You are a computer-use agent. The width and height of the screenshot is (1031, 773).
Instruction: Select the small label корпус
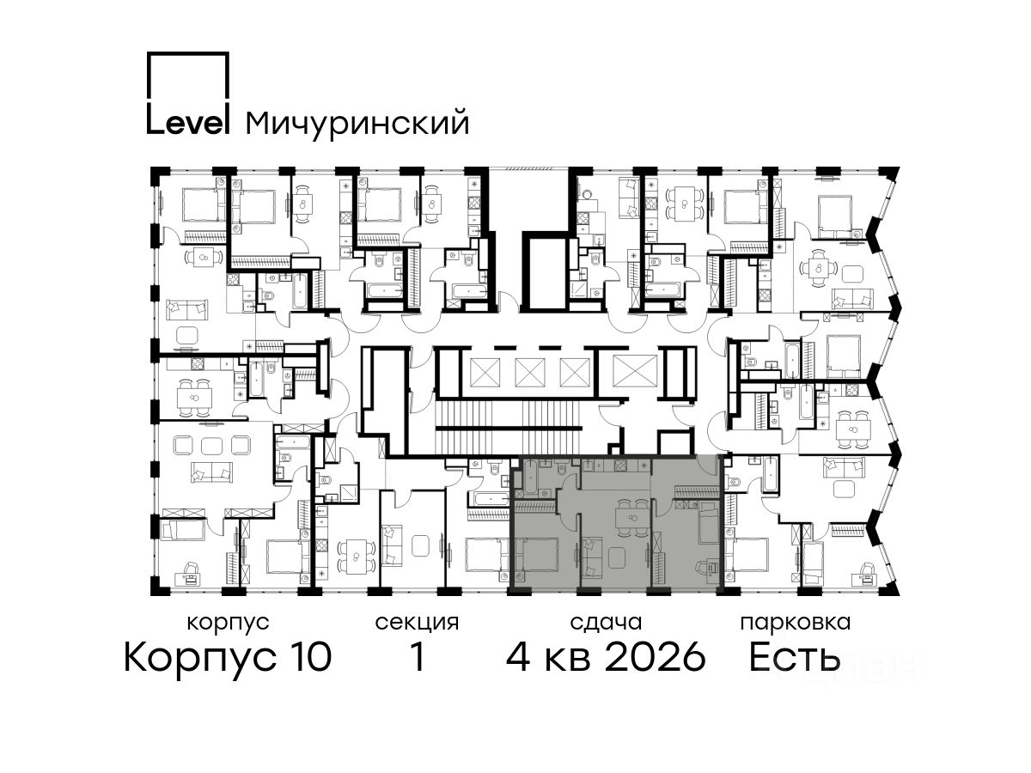[x=229, y=624]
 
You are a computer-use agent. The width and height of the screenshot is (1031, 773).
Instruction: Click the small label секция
[x=417, y=624]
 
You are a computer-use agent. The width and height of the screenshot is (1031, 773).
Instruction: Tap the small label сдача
[x=607, y=624]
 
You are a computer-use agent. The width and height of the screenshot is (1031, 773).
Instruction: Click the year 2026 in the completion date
[x=656, y=657]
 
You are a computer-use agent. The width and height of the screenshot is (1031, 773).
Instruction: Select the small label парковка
[x=796, y=624]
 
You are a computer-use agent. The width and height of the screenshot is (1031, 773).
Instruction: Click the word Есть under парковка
[x=794, y=657]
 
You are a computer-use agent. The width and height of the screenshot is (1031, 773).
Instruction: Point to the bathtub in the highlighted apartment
[x=529, y=477]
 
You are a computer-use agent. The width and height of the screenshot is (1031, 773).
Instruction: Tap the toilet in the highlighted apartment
[x=562, y=467]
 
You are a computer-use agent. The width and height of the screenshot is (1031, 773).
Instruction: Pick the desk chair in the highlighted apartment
[x=700, y=568]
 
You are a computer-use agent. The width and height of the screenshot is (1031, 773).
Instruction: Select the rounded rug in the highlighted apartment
[x=617, y=557]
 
